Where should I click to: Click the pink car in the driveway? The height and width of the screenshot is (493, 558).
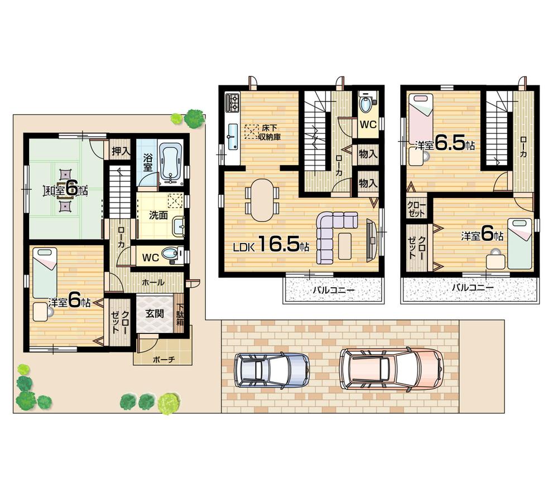coord(391,368)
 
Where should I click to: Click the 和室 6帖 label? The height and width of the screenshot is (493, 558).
coord(66,189)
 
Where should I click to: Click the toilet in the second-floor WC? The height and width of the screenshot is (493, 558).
coord(367,104)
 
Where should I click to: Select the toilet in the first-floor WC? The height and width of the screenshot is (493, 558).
coord(170,255)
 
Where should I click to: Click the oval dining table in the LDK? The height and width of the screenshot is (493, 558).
coord(262,200)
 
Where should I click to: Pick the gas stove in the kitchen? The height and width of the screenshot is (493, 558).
coord(232,102)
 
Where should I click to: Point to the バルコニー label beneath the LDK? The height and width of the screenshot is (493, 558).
coord(334,289)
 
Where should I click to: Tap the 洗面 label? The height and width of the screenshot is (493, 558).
coord(158,215)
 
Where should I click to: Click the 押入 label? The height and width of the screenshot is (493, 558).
coord(119,151)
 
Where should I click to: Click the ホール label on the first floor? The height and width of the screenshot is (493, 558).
coord(153,283)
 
